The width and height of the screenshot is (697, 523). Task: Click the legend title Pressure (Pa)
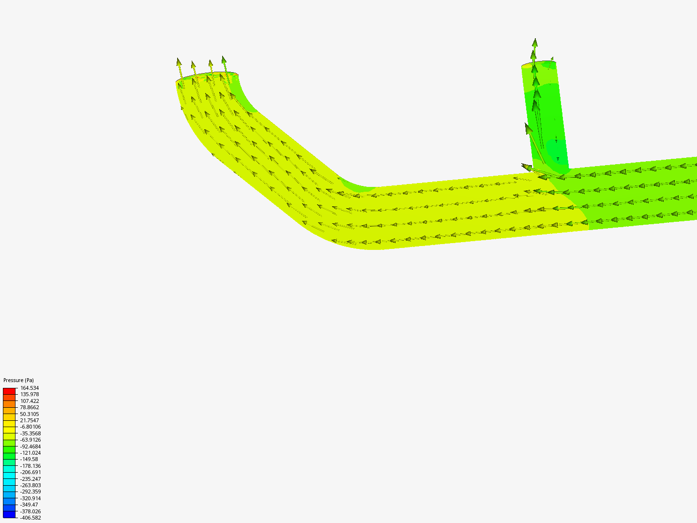18,380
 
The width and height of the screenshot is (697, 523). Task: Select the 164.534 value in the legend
30,388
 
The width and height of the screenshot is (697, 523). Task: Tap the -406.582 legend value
30,518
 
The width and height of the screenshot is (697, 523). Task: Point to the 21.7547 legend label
30,420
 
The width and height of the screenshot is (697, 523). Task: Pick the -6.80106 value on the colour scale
30,427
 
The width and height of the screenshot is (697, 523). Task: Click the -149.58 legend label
29,459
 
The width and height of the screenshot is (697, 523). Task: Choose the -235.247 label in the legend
30,479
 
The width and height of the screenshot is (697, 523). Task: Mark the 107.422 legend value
30,401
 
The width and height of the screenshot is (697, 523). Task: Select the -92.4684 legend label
30,446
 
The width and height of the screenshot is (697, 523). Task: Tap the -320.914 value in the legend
30,498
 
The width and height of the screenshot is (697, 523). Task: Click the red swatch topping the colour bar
9,391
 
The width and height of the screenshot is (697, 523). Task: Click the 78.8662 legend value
30,407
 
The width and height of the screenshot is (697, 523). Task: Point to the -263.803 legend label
30,485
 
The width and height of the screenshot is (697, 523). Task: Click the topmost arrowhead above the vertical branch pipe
535,43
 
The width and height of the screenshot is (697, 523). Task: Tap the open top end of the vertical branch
538,64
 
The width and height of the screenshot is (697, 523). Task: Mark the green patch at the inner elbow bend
356,185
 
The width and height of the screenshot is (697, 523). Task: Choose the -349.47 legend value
30,505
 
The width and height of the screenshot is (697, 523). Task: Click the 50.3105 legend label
30,414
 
